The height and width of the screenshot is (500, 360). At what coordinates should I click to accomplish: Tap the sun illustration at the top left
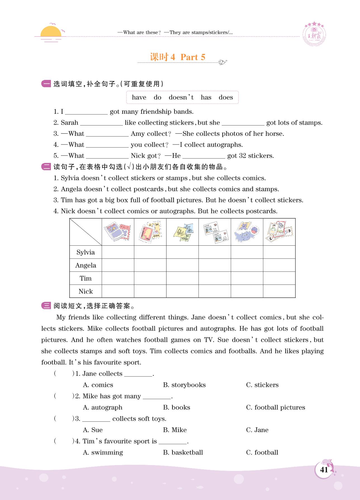coord(51,32)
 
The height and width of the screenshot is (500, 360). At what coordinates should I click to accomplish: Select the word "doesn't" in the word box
coord(181,97)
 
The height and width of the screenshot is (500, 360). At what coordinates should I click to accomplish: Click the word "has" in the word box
coord(206,97)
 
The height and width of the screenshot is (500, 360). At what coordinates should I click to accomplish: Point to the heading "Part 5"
coord(193,57)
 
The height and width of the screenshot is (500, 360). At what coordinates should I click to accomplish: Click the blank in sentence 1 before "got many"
coord(86,112)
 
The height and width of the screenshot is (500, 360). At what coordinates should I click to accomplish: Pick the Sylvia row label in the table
coord(86,252)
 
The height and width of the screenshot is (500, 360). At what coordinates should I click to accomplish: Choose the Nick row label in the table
coord(86,292)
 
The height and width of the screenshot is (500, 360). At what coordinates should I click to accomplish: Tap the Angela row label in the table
coord(86,265)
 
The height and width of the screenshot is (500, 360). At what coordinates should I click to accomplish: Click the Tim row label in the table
coord(86,278)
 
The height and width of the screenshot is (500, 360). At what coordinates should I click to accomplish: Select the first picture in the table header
coord(118,232)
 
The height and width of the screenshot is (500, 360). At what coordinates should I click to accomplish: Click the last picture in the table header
coord(279,232)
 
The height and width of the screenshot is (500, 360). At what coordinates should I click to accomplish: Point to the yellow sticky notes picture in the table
coord(183,232)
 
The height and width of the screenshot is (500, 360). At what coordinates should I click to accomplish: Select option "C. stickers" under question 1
coord(262,385)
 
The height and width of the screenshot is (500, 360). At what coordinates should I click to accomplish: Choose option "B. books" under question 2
coord(177,407)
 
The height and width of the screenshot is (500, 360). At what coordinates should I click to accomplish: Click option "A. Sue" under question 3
coord(93,430)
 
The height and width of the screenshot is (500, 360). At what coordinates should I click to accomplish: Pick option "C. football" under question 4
coord(262,452)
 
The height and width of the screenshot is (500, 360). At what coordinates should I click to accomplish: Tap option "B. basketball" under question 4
coord(183,452)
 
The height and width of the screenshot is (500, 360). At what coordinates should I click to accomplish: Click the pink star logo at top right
coord(314,34)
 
